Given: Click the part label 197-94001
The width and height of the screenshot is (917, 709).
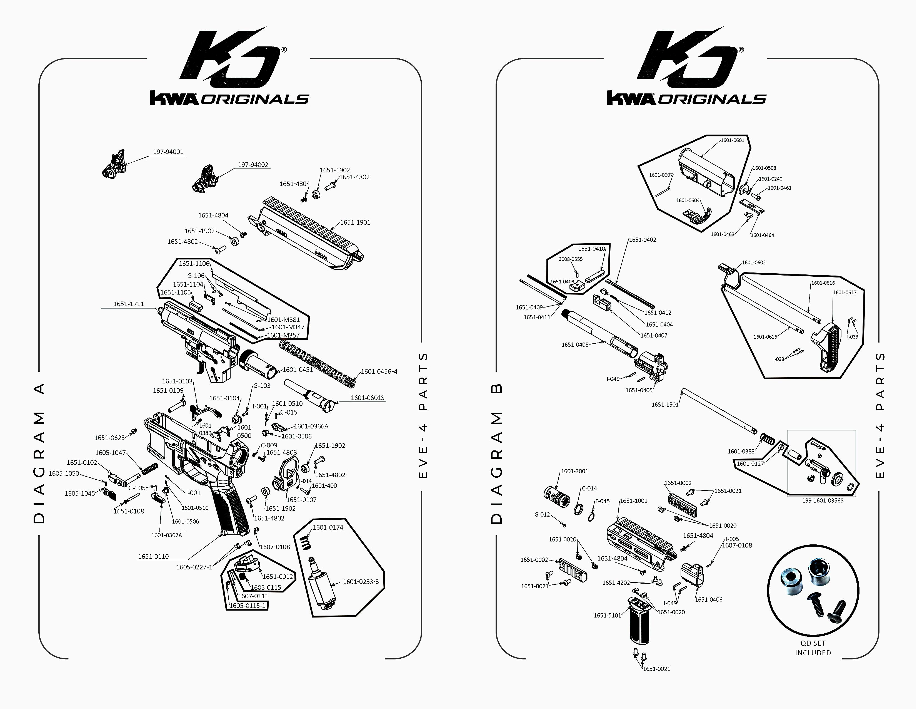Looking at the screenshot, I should [168, 152].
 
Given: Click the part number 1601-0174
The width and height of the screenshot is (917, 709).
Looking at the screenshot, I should [328, 527].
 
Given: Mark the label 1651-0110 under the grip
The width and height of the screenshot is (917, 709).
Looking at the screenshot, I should [153, 556].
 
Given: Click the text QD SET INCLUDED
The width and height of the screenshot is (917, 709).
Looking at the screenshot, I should [813, 648].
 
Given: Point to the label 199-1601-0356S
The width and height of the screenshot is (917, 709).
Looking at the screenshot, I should [822, 500].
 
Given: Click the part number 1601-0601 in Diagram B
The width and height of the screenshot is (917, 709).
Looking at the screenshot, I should [732, 140].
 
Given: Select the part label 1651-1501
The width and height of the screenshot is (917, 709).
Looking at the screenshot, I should [665, 404].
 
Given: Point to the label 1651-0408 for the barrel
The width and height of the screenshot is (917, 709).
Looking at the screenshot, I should [575, 344].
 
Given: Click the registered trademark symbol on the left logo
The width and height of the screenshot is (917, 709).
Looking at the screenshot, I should [284, 49].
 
